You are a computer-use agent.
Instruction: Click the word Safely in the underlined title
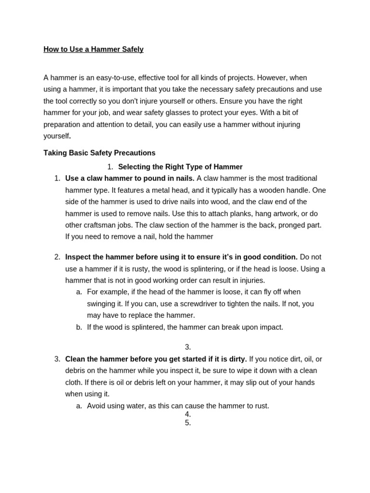tap(132, 50)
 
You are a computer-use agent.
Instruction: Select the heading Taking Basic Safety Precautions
tap(99, 153)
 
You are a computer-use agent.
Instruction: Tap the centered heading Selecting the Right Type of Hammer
tap(180, 167)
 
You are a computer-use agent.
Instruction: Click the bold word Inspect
tap(79, 257)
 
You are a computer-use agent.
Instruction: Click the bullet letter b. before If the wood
tap(79, 327)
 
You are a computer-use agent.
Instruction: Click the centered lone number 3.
tap(188, 347)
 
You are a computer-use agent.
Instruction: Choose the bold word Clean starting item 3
tap(75, 359)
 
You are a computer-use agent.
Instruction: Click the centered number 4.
tap(188, 415)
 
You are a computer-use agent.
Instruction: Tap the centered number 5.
tap(188, 423)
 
